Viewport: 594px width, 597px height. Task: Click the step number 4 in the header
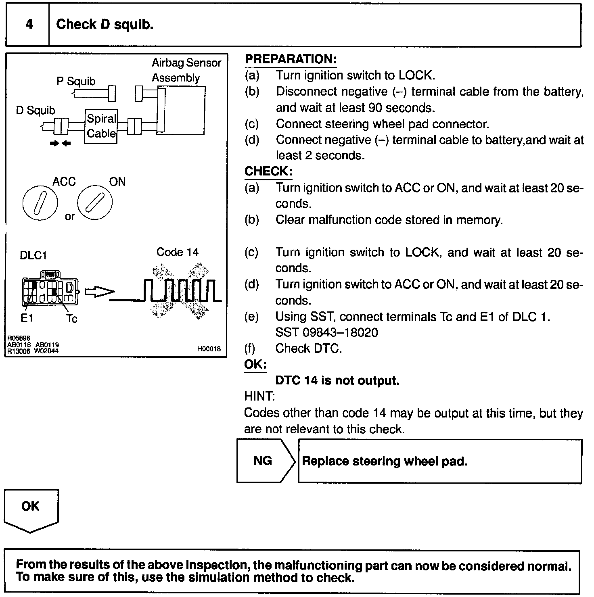pyautogui.click(x=29, y=25)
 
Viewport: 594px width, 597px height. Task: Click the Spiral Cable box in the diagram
pyautogui.click(x=101, y=126)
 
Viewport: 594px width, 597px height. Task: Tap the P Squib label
pyautogui.click(x=76, y=81)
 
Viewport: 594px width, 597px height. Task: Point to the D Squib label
pyautogui.click(x=36, y=110)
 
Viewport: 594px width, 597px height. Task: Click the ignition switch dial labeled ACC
pyautogui.click(x=40, y=202)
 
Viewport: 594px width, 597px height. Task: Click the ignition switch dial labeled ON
pyautogui.click(x=95, y=202)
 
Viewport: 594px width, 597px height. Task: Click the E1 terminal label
pyautogui.click(x=27, y=319)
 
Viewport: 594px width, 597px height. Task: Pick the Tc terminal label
pyautogui.click(x=71, y=319)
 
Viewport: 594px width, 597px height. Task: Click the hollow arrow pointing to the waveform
pyautogui.click(x=99, y=292)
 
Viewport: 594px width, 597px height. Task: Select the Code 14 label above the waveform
pyautogui.click(x=178, y=252)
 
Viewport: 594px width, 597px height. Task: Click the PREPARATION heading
pyautogui.click(x=291, y=59)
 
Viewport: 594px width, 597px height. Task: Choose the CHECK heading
pyautogui.click(x=268, y=171)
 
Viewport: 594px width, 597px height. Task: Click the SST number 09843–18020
pyautogui.click(x=326, y=332)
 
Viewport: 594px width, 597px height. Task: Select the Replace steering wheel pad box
pyautogui.click(x=440, y=461)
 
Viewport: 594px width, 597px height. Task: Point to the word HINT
pyautogui.click(x=259, y=397)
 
